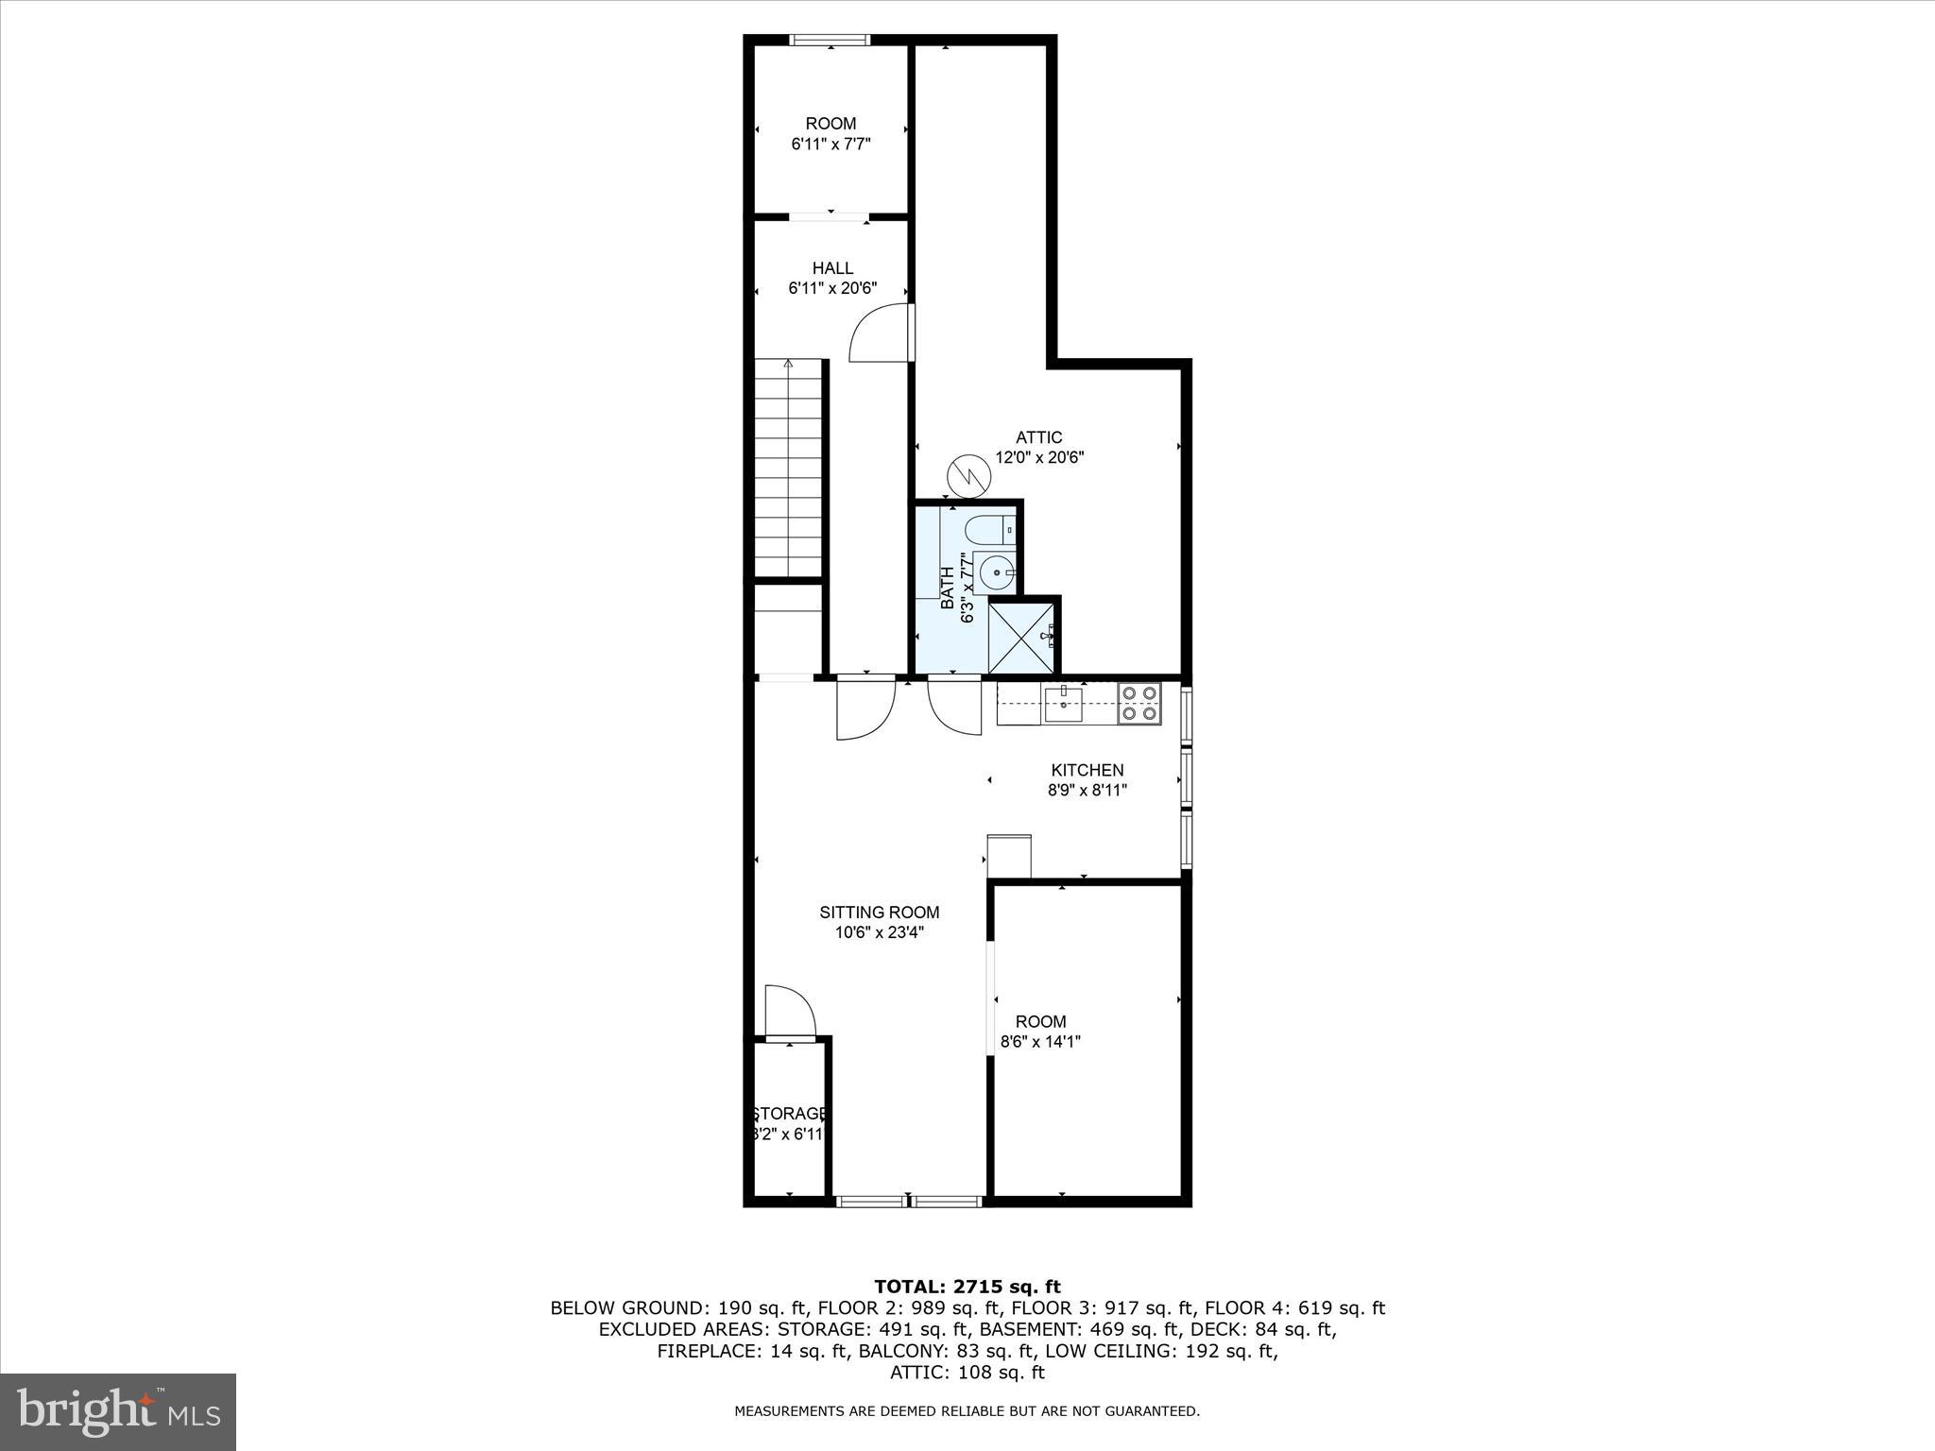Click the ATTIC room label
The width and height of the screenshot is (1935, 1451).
(1038, 437)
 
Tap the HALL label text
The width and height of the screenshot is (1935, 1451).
(832, 268)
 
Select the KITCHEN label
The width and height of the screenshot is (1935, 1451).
(1087, 770)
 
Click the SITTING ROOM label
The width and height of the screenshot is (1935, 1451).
(879, 913)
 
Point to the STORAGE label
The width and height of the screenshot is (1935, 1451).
(790, 1114)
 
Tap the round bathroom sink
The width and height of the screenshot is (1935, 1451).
(996, 572)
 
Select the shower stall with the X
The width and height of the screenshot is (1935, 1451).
(1020, 635)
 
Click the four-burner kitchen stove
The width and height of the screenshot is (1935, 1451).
(1139, 704)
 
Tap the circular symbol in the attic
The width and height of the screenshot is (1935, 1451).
(967, 476)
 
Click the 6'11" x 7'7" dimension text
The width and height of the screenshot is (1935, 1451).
(831, 145)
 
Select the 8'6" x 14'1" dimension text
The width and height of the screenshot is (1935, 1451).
(1040, 1042)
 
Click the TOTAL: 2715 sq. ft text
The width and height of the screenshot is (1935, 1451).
(967, 1287)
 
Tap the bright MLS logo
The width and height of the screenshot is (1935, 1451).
(118, 1411)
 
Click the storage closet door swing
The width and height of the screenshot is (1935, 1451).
(790, 1012)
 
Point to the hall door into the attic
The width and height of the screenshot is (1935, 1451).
(881, 333)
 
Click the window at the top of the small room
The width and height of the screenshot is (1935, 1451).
(830, 40)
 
